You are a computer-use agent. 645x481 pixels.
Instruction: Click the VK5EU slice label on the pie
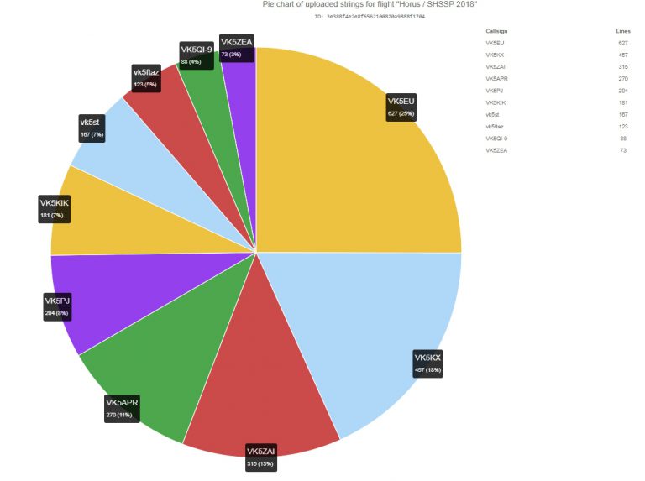pos(401,107)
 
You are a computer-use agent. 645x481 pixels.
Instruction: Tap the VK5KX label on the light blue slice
pos(428,363)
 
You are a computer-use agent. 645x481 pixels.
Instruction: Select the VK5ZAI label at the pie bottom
pos(260,457)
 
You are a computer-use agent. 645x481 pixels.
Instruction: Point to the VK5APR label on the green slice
pos(122,408)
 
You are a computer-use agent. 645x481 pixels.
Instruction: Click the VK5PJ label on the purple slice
pos(58,306)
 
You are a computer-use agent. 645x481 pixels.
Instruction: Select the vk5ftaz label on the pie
pos(146,78)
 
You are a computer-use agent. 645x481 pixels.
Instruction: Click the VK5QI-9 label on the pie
pos(197,55)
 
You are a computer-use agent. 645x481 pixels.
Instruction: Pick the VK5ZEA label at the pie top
pos(236,47)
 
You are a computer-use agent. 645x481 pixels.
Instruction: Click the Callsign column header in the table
pos(496,30)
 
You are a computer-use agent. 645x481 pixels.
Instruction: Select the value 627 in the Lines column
pos(622,42)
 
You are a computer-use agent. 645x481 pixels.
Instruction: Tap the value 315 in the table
pos(622,66)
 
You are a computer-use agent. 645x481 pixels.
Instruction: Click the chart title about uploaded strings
pos(370,5)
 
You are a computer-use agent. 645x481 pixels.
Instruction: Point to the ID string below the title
pos(370,17)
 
